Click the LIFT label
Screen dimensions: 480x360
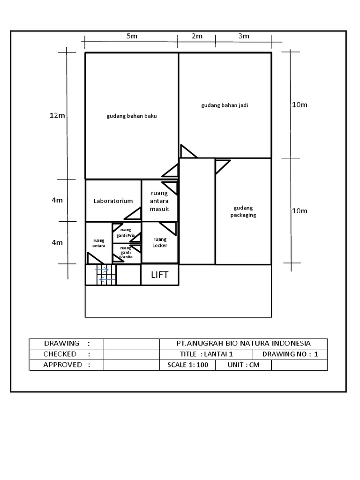159,275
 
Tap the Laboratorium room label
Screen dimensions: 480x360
113,201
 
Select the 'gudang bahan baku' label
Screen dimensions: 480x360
131,116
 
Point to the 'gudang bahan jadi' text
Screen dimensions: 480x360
225,105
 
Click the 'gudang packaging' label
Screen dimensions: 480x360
243,211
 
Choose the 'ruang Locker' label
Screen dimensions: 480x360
160,242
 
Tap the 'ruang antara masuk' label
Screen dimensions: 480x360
159,201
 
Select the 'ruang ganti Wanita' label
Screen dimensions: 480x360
126,253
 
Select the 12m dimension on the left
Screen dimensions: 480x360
57,115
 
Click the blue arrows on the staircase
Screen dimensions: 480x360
106,275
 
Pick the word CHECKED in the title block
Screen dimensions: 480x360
60,354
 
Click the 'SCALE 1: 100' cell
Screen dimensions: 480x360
187,365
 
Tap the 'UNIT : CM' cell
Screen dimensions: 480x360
243,365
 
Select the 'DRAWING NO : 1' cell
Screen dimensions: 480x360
290,354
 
